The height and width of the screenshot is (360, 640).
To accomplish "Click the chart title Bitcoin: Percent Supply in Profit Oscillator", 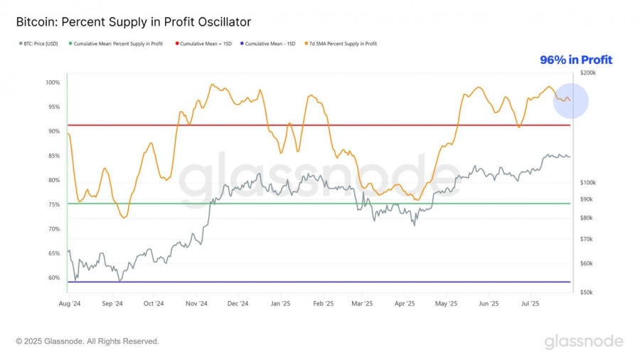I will click(x=133, y=23).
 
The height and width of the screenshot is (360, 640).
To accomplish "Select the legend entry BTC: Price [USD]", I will click(x=40, y=44).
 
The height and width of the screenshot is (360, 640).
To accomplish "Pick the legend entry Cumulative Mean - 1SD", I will click(x=267, y=44).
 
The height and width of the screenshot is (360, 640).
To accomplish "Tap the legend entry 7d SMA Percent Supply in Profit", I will click(x=341, y=44).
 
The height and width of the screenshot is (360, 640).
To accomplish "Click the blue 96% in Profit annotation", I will click(x=575, y=60).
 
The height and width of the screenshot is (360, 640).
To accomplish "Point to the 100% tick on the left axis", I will click(x=53, y=83).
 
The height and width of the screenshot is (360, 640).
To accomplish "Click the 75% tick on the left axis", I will click(x=54, y=204).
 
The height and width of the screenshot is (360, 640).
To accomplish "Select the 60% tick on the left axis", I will click(x=54, y=277).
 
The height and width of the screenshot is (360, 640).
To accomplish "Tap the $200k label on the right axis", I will click(x=588, y=73).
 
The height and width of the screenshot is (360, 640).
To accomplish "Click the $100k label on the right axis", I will click(x=588, y=183).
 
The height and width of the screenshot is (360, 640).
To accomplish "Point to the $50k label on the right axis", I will click(x=587, y=292).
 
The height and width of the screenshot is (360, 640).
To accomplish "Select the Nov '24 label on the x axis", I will click(x=196, y=303).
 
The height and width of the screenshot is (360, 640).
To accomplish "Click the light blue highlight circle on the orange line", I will click(x=570, y=100).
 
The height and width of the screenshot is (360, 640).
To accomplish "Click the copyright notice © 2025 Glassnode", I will click(x=87, y=342).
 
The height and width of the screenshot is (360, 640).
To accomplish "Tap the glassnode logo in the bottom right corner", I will click(x=584, y=342).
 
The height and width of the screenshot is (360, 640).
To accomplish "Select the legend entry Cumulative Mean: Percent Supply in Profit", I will click(x=118, y=44).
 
